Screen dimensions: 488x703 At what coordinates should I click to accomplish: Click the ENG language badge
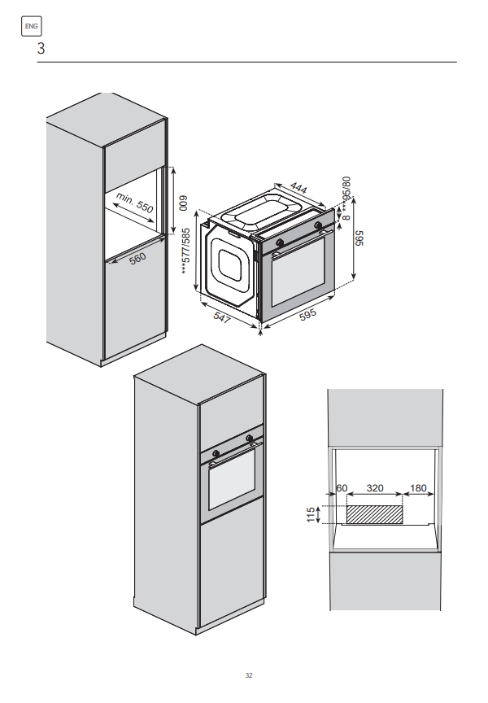tap(32, 26)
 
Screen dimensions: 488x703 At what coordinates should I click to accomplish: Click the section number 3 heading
tap(41, 49)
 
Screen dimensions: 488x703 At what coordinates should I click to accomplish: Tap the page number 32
tap(249, 675)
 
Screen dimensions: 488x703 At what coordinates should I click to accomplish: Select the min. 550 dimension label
tap(134, 203)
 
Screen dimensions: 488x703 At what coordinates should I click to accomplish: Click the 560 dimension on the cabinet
tap(138, 258)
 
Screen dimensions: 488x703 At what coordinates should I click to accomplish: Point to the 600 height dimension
tap(183, 203)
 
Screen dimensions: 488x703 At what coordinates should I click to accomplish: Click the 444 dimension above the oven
tap(298, 187)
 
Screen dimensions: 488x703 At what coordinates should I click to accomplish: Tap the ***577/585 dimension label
tap(186, 251)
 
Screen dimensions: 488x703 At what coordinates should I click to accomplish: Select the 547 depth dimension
tap(222, 317)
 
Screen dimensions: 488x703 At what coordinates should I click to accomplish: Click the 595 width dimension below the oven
tap(308, 314)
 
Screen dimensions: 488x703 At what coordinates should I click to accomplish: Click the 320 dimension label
tap(375, 488)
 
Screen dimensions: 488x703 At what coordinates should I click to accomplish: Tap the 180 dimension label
tap(418, 488)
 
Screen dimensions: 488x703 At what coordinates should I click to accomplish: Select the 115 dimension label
tap(311, 515)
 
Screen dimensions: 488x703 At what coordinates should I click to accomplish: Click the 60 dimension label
tap(342, 488)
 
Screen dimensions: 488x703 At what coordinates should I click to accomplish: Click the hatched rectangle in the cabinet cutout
tap(375, 515)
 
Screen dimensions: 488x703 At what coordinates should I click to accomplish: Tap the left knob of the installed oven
tap(216, 453)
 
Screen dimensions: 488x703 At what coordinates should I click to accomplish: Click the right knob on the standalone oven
tap(318, 225)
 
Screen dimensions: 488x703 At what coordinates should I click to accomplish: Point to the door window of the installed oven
tap(232, 478)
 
